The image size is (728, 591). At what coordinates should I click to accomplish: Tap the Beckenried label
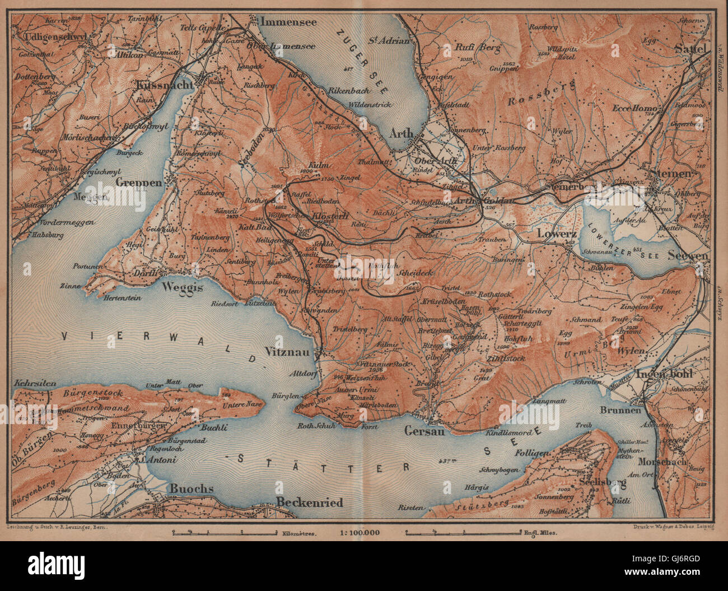pyautogui.click(x=310, y=502)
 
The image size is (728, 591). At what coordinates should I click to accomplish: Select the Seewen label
pyautogui.click(x=688, y=255)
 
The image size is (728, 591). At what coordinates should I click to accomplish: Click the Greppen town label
pyautogui.click(x=139, y=182)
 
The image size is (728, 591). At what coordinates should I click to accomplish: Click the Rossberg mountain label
pyautogui.click(x=543, y=94)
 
